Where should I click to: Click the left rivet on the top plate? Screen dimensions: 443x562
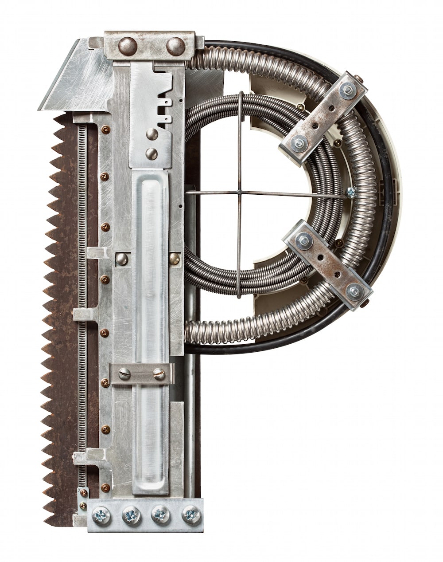tap(128, 47)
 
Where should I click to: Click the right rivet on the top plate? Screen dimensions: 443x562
tap(176, 47)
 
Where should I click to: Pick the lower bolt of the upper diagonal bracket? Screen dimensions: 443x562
tap(299, 143)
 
